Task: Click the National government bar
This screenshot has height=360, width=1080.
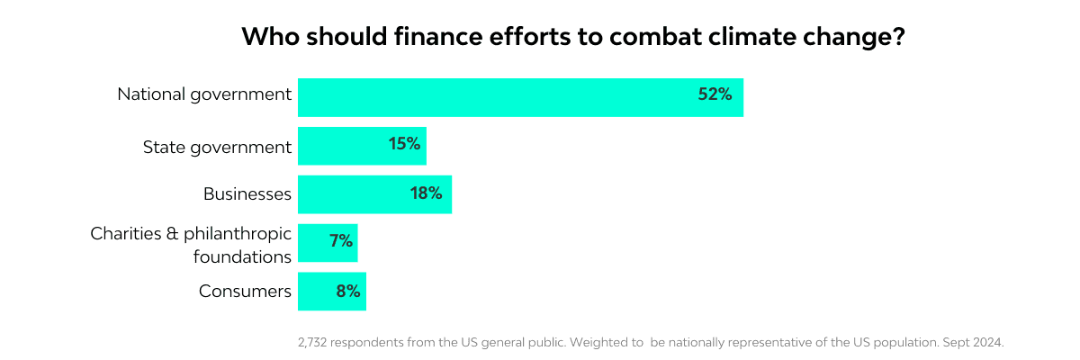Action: [x=520, y=97]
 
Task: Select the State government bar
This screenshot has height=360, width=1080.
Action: [x=362, y=146]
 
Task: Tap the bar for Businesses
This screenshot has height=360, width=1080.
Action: [x=374, y=194]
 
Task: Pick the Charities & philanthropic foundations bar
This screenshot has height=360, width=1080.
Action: [x=328, y=243]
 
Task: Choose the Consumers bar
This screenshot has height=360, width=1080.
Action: [x=332, y=292]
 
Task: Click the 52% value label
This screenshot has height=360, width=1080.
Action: [x=715, y=94]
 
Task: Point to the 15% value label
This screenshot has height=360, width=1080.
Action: [x=405, y=143]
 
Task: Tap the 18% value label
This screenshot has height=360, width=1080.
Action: [x=426, y=193]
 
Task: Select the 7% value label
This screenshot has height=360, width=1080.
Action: [x=342, y=241]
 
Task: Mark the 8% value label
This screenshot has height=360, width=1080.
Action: [x=346, y=291]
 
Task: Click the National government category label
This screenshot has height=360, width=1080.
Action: [x=204, y=94]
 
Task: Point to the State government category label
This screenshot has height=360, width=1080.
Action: [x=217, y=146]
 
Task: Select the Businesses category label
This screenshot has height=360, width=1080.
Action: [x=247, y=193]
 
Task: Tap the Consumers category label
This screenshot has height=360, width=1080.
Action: [x=245, y=291]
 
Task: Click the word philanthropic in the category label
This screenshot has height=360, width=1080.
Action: [x=238, y=234]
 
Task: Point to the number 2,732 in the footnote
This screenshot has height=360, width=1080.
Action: [x=312, y=343]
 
